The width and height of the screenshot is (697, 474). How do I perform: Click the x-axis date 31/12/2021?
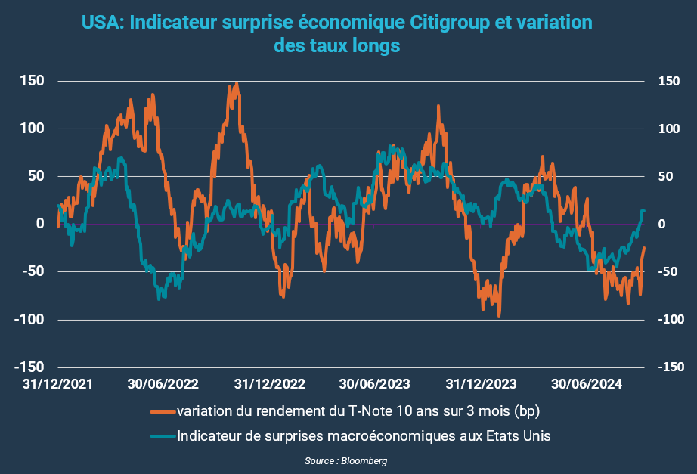click(58, 383)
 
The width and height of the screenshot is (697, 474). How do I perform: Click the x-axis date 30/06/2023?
click(374, 383)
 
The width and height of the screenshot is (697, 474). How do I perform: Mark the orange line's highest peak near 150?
click(237, 83)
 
